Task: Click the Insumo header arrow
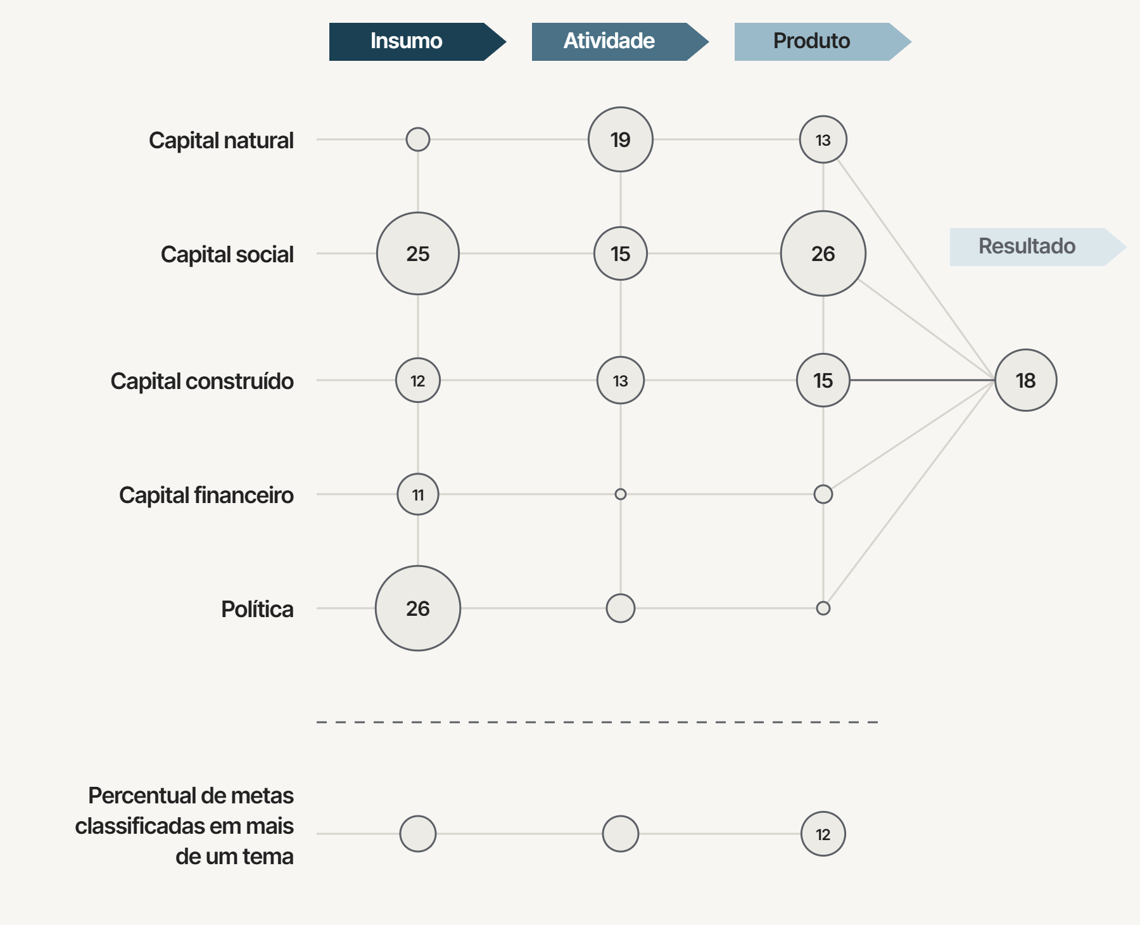click(x=417, y=42)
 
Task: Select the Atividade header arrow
click(x=620, y=42)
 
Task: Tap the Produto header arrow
click(x=823, y=42)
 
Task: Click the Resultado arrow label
click(x=1038, y=247)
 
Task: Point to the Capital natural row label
click(x=221, y=140)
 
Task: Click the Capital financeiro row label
click(x=206, y=495)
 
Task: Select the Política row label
click(x=257, y=609)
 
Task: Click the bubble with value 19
click(x=621, y=139)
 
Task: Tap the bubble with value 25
click(x=418, y=253)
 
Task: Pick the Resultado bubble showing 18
click(x=1026, y=380)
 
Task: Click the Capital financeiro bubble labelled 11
click(x=418, y=494)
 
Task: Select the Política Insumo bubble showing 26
click(x=418, y=608)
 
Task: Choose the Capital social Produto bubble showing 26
click(x=823, y=253)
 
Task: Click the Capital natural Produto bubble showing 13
click(x=823, y=139)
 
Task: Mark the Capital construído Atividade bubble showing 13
click(x=621, y=380)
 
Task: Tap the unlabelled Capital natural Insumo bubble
click(x=418, y=139)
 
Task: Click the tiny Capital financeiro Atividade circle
click(x=621, y=494)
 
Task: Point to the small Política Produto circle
click(x=823, y=608)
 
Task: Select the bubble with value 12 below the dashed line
click(x=823, y=834)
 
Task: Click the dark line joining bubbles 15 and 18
click(x=922, y=380)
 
